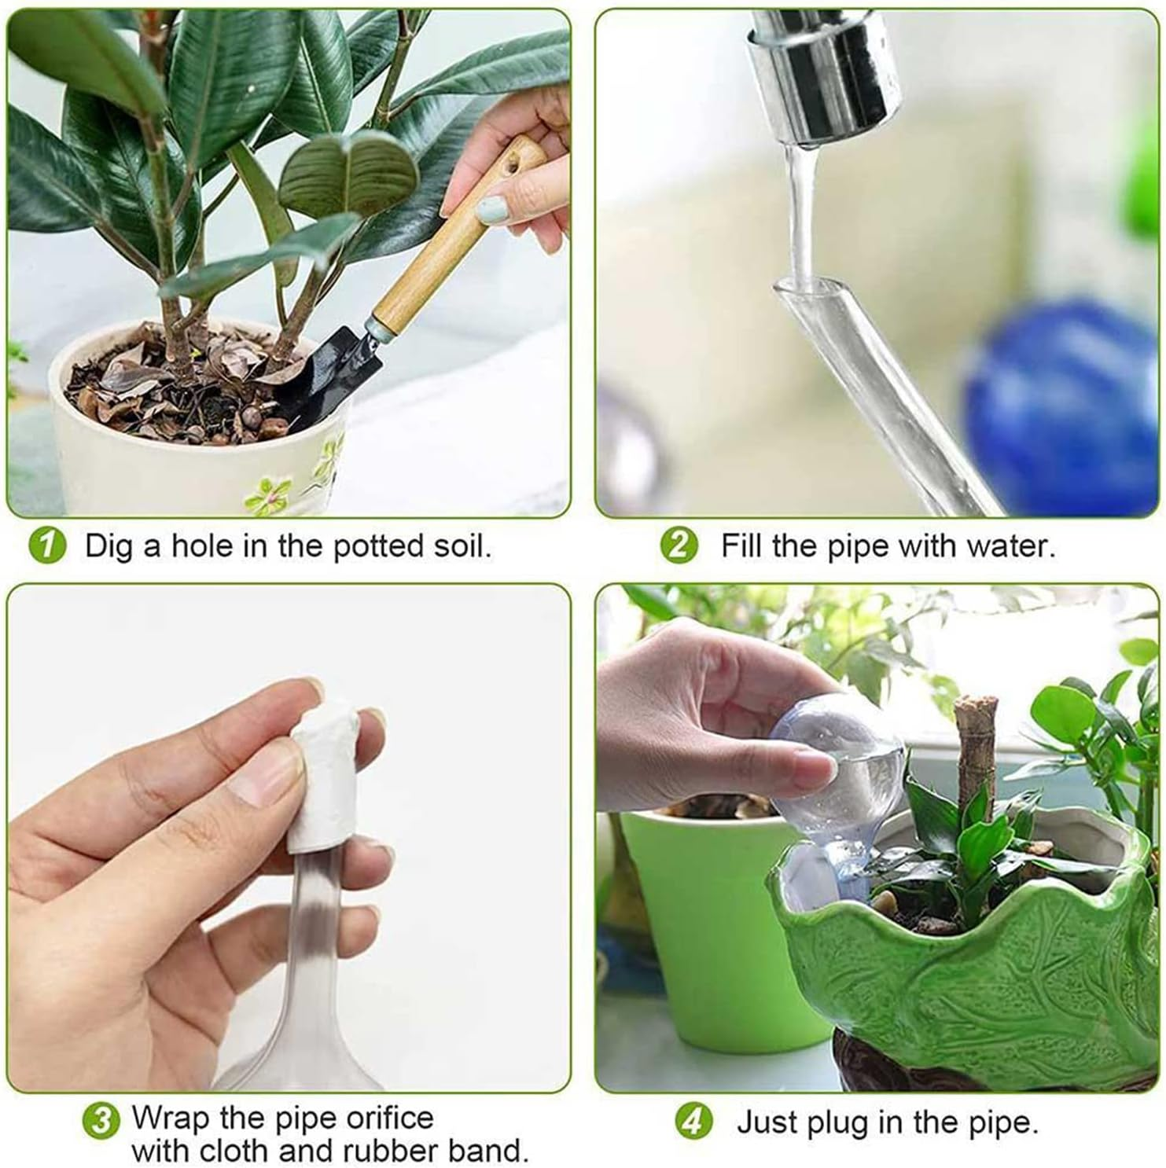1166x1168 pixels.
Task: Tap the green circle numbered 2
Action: [679, 546]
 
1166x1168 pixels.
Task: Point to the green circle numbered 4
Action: [693, 1122]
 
